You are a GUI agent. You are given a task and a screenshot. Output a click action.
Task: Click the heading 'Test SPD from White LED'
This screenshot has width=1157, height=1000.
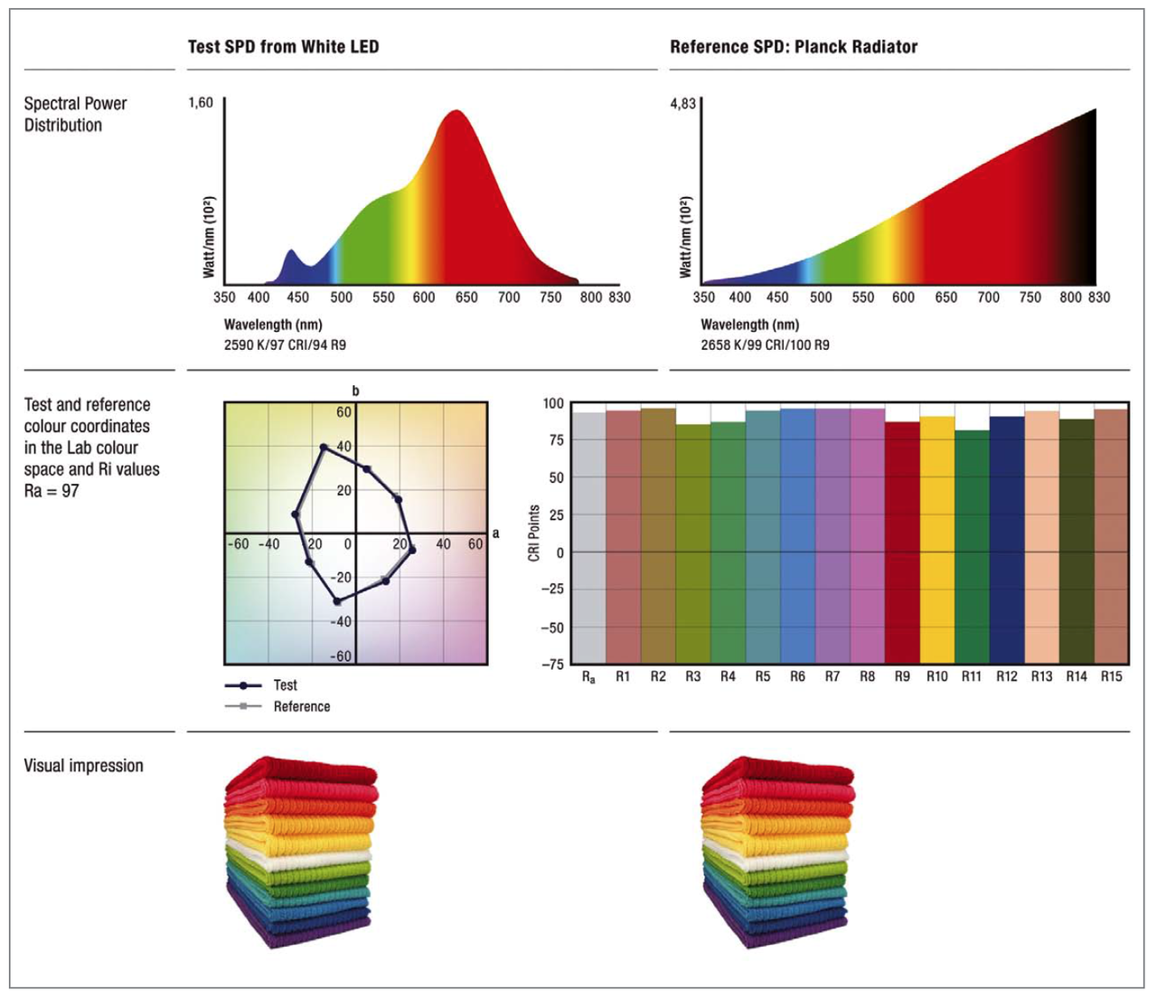[x=283, y=47]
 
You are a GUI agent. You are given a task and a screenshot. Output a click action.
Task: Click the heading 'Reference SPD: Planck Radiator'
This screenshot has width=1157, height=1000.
[x=793, y=47]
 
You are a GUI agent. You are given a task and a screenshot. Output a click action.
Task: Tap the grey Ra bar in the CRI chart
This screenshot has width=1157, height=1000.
[x=589, y=538]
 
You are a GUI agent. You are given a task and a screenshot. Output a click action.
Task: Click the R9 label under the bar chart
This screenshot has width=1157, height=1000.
[x=902, y=676]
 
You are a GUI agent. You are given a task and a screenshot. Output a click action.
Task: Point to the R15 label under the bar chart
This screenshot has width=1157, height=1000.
[x=1111, y=676]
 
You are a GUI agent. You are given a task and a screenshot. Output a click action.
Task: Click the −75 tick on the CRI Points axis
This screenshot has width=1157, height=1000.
[x=551, y=665]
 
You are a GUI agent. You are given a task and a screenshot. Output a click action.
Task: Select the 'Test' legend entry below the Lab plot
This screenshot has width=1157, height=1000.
[x=285, y=685]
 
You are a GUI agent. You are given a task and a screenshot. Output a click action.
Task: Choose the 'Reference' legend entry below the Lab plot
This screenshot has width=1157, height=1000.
[x=301, y=707]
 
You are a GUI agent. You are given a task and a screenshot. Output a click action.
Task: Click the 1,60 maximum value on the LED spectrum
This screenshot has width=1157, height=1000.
[x=201, y=103]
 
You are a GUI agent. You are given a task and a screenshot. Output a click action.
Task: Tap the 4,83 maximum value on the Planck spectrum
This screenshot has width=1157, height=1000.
[x=682, y=104]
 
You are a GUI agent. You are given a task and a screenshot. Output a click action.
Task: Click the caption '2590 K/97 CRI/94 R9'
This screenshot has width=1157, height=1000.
[x=285, y=344]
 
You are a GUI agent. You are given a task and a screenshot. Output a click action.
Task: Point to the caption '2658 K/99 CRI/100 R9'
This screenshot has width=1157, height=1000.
[x=765, y=344]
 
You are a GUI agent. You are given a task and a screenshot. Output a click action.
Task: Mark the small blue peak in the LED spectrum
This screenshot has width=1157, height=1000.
[x=291, y=255]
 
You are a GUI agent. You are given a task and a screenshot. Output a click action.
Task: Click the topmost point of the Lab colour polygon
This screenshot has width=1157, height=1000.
[x=324, y=448]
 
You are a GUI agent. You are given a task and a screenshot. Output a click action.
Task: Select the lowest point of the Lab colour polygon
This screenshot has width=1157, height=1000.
[x=337, y=601]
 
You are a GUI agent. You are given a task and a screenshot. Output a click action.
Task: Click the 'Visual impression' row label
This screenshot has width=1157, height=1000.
[x=83, y=766]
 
